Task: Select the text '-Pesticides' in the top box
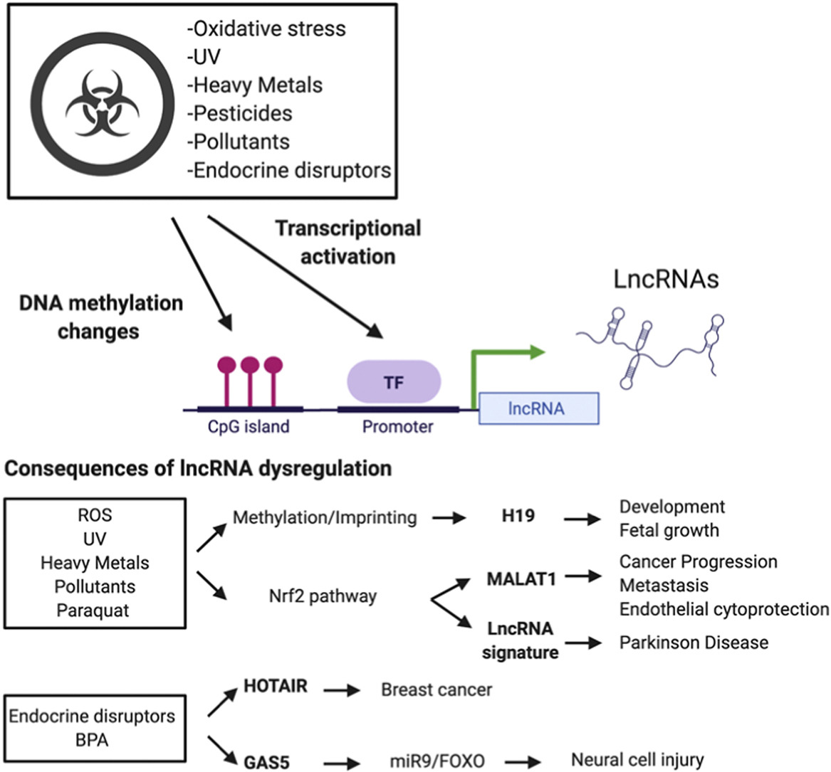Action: [x=240, y=113]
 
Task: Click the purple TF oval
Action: [x=394, y=382]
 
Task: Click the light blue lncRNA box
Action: [x=538, y=408]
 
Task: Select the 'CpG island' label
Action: [x=244, y=426]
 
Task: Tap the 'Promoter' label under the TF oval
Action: [x=397, y=427]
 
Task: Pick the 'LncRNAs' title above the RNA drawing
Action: [x=666, y=280]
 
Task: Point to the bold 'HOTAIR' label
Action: [x=276, y=686]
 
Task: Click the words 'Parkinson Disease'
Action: [x=694, y=643]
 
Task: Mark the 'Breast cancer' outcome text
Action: [x=437, y=689]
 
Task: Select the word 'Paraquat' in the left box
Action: [x=93, y=610]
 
